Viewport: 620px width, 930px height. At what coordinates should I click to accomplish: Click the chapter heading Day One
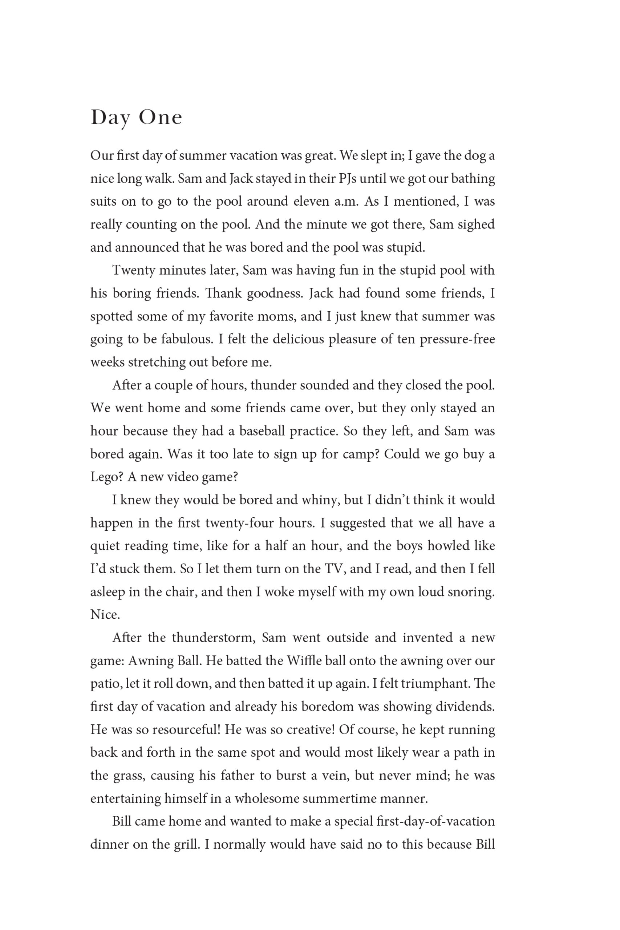point(137,118)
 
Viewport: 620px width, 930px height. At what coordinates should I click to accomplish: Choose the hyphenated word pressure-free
point(457,339)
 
